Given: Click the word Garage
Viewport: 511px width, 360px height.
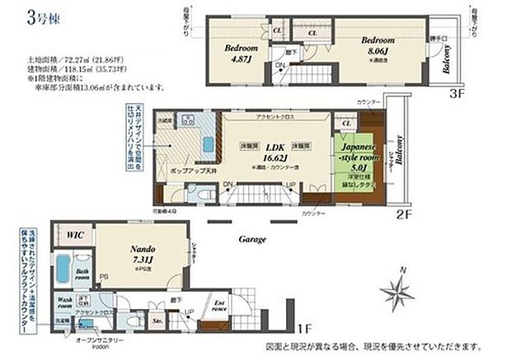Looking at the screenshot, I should pos(252,239).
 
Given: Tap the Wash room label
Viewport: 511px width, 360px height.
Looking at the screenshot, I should pos(66,302).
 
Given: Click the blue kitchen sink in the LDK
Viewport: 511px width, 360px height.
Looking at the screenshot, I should pos(208,148).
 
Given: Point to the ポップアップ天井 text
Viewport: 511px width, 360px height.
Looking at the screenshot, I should pos(190,167).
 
